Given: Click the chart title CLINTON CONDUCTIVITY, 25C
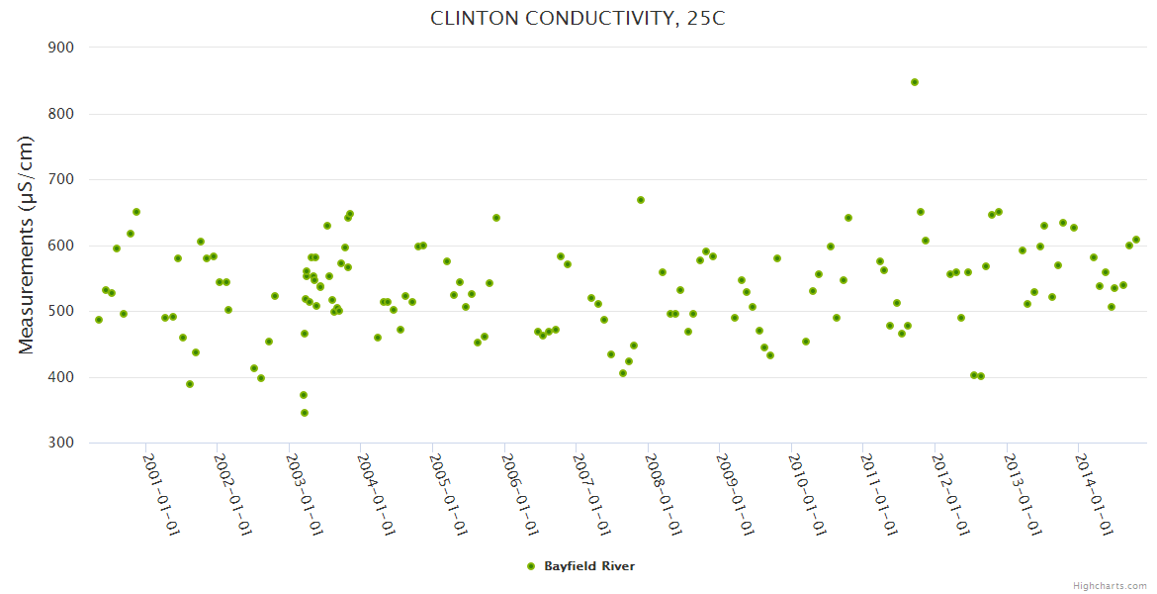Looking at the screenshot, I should point(578,19).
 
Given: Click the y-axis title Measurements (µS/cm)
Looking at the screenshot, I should point(27,245).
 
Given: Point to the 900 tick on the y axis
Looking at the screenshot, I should point(62,48).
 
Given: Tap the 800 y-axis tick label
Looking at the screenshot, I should point(62,114).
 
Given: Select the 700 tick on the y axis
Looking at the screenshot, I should point(62,179).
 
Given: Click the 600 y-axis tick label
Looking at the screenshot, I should point(62,246).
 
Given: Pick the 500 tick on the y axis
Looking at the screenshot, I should point(62,311).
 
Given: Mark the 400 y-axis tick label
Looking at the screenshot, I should point(62,377).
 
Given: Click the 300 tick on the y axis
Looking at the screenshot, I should point(62,443).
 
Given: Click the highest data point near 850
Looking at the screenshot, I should point(915,82).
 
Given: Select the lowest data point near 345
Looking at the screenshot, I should point(305,413).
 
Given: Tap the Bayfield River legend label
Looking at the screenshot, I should point(589,566).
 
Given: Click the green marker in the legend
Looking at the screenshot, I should point(531,566).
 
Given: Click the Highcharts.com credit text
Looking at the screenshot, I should point(1110,586).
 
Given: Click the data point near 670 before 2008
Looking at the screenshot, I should point(641,200).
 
